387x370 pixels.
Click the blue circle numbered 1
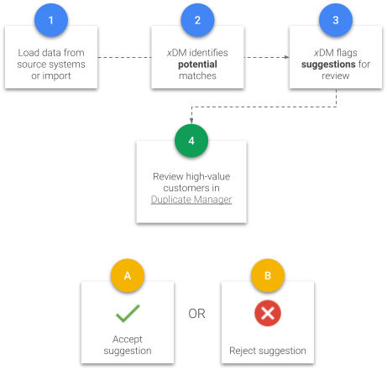[x=51, y=20]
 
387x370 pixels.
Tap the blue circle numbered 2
[x=197, y=20]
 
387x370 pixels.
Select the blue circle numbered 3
[x=336, y=20]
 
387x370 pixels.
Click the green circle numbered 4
[x=191, y=140]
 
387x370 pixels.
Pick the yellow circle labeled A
[x=128, y=275]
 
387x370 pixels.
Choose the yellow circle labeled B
[x=268, y=275]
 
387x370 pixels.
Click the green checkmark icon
[x=128, y=313]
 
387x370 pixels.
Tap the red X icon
[x=268, y=313]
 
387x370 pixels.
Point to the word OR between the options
[x=196, y=314]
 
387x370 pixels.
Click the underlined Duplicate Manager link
[x=191, y=200]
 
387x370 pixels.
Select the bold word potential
[x=197, y=65]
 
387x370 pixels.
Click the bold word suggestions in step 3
[x=328, y=65]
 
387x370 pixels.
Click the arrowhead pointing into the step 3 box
[x=286, y=57]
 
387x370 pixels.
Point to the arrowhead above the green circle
[x=191, y=121]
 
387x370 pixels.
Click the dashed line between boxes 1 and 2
[x=124, y=57]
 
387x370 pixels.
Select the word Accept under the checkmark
[x=128, y=339]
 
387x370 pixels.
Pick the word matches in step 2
[x=197, y=76]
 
